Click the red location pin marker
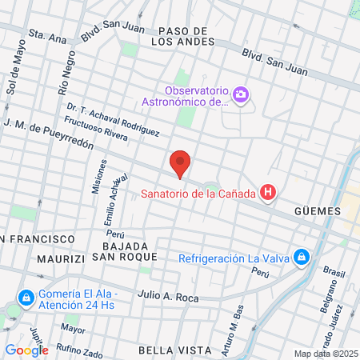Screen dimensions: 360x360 180,164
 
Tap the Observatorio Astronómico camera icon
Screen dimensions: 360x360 241,96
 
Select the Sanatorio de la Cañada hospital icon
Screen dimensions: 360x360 269,193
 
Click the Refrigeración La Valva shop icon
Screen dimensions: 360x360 302,258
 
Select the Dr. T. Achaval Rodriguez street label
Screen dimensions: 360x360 113,118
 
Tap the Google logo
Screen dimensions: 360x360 26,350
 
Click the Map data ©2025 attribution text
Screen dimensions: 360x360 326,354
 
